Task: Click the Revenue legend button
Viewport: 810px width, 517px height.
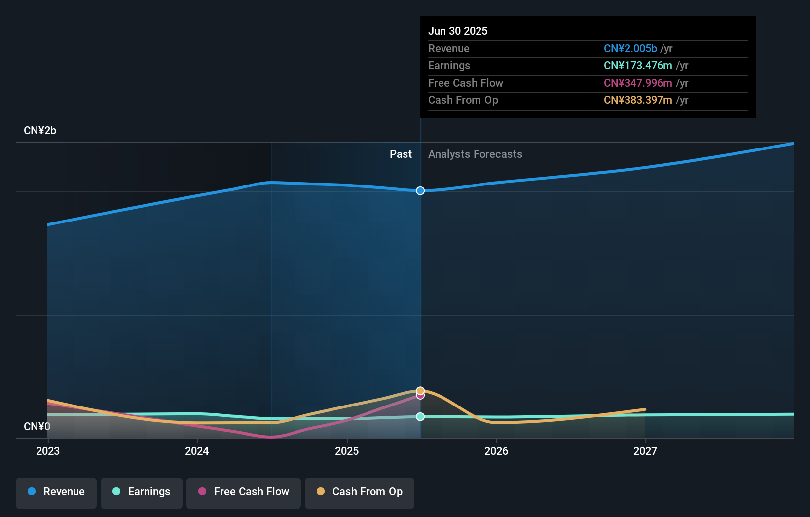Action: (x=56, y=492)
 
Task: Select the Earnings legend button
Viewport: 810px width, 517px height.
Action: (x=142, y=492)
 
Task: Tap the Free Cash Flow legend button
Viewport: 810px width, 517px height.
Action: (x=244, y=492)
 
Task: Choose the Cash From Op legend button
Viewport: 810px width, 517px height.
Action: (x=360, y=492)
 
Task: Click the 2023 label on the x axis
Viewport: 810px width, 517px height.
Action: (x=48, y=451)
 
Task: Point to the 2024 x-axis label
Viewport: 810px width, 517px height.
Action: (x=197, y=451)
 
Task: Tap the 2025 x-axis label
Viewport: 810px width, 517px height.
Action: (x=347, y=451)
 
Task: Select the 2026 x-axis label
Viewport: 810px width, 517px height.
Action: (x=496, y=451)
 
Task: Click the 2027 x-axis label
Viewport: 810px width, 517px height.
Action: (x=645, y=451)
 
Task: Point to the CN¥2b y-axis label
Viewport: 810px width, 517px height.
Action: (x=40, y=131)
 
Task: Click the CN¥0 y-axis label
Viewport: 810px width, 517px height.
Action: (x=37, y=427)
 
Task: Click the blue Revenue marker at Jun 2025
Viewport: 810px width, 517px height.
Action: (x=420, y=191)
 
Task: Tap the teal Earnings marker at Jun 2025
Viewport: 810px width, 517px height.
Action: (x=420, y=417)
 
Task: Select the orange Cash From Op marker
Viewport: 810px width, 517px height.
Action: (x=420, y=391)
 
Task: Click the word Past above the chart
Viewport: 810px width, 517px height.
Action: (x=401, y=154)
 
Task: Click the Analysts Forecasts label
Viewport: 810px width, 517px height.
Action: (x=475, y=154)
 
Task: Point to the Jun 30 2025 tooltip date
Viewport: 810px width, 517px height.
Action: (x=458, y=31)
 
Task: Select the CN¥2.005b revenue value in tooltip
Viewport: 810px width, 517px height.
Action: (x=630, y=49)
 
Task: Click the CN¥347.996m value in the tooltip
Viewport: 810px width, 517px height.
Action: (x=638, y=83)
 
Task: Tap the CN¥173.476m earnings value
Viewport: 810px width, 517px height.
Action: (x=638, y=66)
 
